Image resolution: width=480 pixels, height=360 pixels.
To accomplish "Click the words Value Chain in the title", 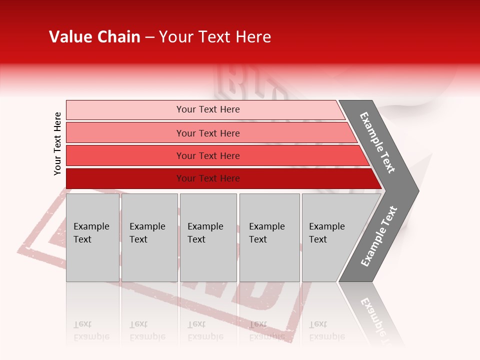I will tap(94, 37).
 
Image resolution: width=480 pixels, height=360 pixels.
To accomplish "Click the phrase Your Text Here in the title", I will tap(215, 37).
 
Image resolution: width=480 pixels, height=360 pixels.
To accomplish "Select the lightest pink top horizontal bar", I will tap(125, 110).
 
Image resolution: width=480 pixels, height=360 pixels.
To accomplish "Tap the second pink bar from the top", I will tap(125, 133).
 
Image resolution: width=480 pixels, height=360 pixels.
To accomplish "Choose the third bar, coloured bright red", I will tap(125, 155).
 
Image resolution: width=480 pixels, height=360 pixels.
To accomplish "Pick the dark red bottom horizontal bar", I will tap(125, 178).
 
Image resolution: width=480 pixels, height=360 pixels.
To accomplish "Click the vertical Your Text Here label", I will tap(57, 143).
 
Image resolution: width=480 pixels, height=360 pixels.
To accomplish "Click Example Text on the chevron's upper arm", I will tap(377, 142).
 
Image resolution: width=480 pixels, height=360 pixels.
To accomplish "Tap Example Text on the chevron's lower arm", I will tap(379, 236).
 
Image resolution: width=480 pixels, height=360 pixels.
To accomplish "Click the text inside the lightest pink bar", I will tap(208, 109).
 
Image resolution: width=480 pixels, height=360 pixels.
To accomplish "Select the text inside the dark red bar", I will tap(208, 178).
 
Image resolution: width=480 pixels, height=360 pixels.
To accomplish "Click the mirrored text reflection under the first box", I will tap(91, 330).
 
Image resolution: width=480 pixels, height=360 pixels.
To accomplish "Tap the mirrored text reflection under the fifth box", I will tap(326, 330).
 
